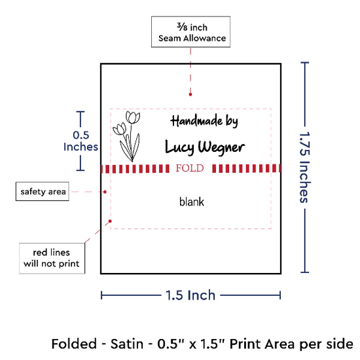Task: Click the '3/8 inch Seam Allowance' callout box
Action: [190, 31]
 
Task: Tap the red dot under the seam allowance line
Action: [190, 94]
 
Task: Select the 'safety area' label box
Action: [43, 192]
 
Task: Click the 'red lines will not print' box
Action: [52, 259]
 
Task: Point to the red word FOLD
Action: [190, 168]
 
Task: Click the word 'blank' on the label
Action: [192, 202]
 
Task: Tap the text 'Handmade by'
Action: [204, 121]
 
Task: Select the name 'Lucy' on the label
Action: [180, 147]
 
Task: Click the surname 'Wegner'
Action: [221, 147]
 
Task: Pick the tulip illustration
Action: [126, 136]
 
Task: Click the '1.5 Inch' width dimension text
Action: [190, 295]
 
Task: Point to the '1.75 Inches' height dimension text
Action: [305, 168]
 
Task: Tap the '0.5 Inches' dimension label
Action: [81, 141]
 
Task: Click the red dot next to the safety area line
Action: [105, 192]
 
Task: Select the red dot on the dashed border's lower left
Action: [110, 221]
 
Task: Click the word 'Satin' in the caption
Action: [127, 344]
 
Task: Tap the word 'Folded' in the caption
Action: [74, 344]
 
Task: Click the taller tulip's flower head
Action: [133, 117]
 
